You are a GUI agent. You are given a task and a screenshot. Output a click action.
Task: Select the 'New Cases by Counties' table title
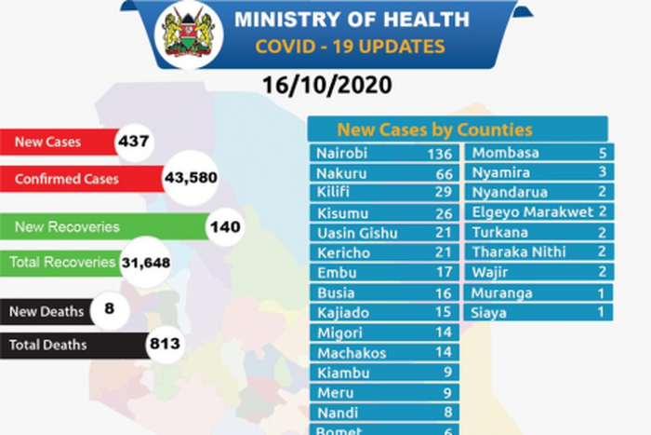tap(434, 129)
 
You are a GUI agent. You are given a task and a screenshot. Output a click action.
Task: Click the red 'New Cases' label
tap(47, 143)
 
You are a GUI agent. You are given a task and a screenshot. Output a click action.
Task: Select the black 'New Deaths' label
tap(46, 310)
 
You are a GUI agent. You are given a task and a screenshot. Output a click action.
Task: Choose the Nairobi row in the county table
tap(383, 154)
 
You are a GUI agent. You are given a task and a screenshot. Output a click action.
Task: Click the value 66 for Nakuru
tap(443, 174)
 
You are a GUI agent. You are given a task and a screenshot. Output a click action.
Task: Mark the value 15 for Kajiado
tap(443, 313)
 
